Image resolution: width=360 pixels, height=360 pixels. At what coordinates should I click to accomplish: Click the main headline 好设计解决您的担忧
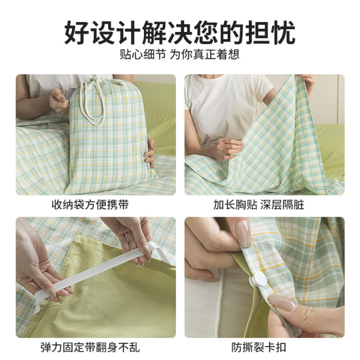(x=180, y=32)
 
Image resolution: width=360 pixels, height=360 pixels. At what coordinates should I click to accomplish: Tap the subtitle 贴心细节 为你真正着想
(x=180, y=55)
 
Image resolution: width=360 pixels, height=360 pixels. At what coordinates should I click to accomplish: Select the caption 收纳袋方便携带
(x=90, y=205)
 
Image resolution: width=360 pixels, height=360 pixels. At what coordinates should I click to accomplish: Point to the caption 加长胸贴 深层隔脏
(x=259, y=205)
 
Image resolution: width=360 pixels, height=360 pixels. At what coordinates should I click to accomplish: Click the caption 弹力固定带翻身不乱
(x=90, y=347)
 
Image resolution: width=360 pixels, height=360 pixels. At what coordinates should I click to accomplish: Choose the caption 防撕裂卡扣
(x=259, y=347)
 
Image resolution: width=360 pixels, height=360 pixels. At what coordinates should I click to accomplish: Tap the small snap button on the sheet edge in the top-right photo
(x=321, y=165)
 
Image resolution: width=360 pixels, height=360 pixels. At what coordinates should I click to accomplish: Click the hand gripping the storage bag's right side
(x=150, y=152)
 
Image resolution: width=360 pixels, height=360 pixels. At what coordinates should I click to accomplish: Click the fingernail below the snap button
(x=282, y=303)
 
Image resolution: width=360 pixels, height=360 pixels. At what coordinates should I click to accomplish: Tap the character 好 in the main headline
(x=77, y=32)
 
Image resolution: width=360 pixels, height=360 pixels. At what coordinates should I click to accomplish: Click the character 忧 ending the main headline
(x=283, y=32)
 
